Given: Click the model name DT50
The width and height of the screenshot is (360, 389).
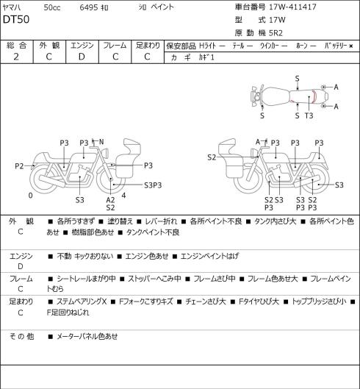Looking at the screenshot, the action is tap(16, 20).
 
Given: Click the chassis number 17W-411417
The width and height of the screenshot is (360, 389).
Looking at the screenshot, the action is tap(292, 7).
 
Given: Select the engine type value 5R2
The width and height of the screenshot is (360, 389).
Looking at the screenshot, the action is tap(276, 33).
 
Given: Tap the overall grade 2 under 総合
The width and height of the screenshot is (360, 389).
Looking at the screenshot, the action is tap(16, 57).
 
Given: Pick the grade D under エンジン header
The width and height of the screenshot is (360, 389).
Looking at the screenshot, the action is tap(82, 57).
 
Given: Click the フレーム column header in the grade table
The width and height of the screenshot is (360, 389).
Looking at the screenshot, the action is tap(115, 46).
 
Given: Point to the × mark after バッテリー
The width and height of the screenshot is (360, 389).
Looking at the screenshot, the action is tap(351, 46).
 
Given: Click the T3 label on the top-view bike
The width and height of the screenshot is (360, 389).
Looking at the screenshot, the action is tap(309, 115).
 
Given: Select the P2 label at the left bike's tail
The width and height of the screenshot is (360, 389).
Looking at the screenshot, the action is tap(19, 166).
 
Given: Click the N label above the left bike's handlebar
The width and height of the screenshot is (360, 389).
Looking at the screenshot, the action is tap(101, 142).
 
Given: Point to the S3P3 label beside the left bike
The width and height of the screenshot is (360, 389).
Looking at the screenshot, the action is tap(153, 185).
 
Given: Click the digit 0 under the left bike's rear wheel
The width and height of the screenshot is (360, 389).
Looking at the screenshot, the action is tap(30, 196).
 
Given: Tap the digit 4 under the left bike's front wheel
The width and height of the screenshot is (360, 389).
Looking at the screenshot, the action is tap(123, 196).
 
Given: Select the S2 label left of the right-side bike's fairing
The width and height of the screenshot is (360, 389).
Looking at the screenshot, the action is tap(212, 157).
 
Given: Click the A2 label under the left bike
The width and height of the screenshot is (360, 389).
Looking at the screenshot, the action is tap(111, 200).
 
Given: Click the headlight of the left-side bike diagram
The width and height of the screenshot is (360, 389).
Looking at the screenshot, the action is tap(105, 152).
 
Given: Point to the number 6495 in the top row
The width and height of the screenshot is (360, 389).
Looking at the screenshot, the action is tap(89, 7).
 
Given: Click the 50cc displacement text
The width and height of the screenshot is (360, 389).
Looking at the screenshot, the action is tap(52, 7).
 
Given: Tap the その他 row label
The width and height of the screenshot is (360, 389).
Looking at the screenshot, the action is tap(21, 336).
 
